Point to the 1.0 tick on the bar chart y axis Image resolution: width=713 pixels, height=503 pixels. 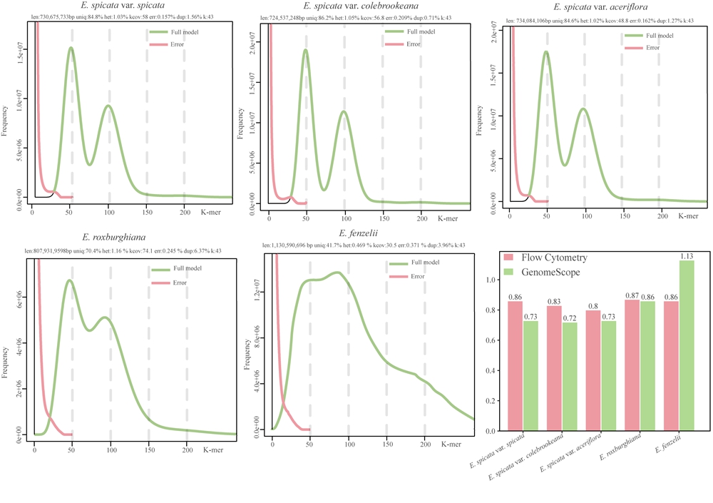point(493,280)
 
